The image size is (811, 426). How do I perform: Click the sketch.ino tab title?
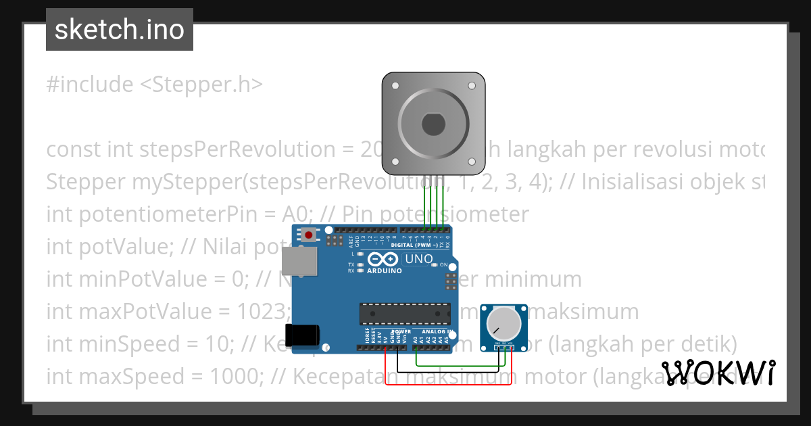point(120,30)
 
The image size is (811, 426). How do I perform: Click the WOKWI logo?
point(718,373)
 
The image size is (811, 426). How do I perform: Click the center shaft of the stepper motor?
point(432,125)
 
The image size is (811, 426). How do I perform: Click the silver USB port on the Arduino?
point(299,261)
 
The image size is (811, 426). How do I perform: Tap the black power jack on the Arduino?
point(301,336)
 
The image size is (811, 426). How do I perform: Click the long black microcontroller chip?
point(405,314)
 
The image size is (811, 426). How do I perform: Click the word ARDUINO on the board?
point(384,270)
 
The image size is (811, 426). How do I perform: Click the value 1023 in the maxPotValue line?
point(258,312)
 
